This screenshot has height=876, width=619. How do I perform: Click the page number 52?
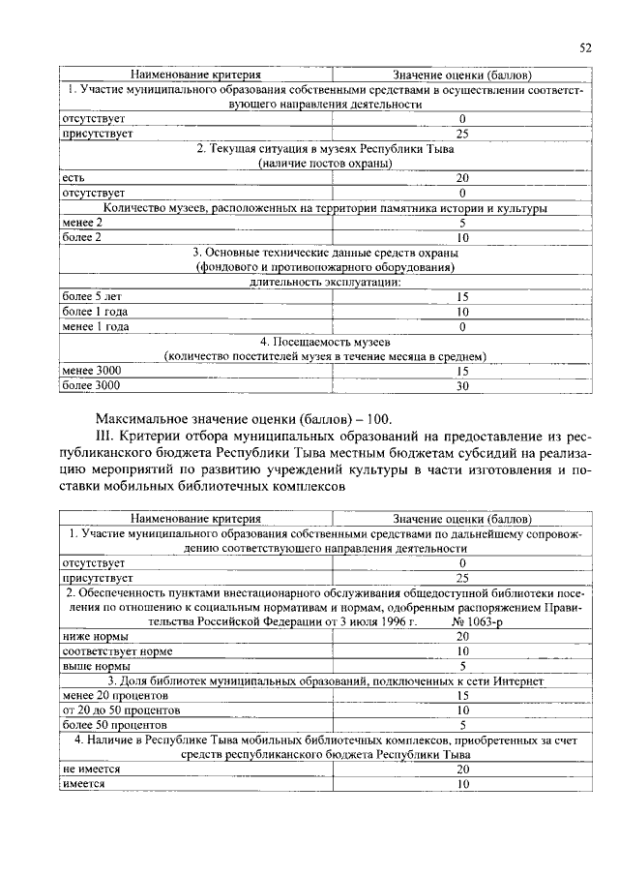pyautogui.click(x=585, y=48)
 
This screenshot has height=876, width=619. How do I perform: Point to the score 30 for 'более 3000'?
pyautogui.click(x=462, y=385)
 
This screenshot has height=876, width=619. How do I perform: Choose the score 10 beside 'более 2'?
pyautogui.click(x=462, y=237)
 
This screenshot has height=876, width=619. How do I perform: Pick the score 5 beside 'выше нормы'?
pyautogui.click(x=462, y=666)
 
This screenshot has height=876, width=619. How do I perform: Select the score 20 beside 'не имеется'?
pyautogui.click(x=462, y=769)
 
